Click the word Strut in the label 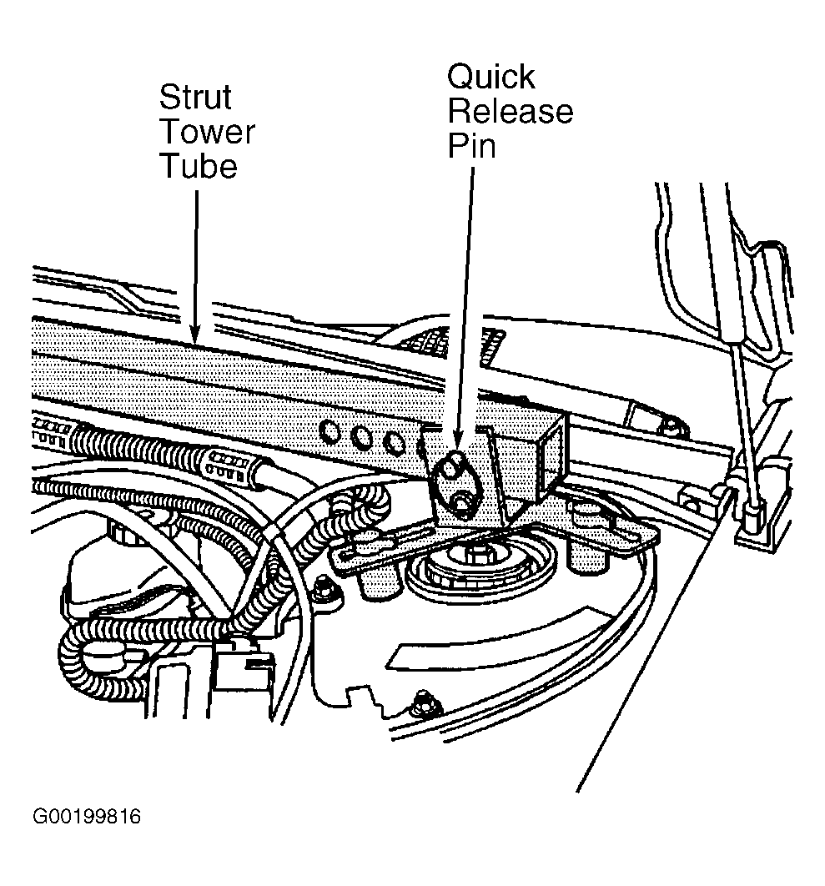[195, 97]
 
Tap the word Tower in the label [208, 132]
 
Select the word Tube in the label [199, 166]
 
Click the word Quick [490, 77]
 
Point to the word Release [511, 111]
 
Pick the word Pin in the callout [472, 145]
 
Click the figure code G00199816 [87, 817]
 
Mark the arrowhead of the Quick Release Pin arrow [457, 437]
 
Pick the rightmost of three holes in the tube [393, 442]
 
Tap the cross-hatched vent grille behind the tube [452, 339]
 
